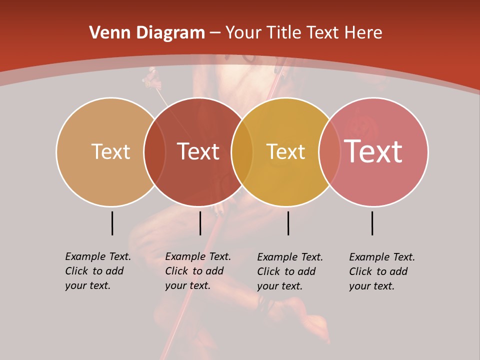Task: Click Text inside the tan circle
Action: pyautogui.click(x=110, y=151)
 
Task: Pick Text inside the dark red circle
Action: pyautogui.click(x=198, y=151)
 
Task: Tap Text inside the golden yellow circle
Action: pyautogui.click(x=285, y=151)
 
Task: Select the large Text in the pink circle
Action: pyautogui.click(x=373, y=151)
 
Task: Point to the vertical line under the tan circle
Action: pyautogui.click(x=112, y=223)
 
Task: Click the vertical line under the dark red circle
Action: pyautogui.click(x=200, y=223)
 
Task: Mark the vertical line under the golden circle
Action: pyautogui.click(x=288, y=223)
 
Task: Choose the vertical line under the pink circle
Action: pyautogui.click(x=372, y=223)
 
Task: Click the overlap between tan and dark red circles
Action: pyautogui.click(x=154, y=152)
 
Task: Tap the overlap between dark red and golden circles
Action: pyautogui.click(x=242, y=152)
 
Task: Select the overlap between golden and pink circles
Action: pyautogui.click(x=329, y=152)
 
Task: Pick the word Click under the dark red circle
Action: pyautogui.click(x=176, y=271)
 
